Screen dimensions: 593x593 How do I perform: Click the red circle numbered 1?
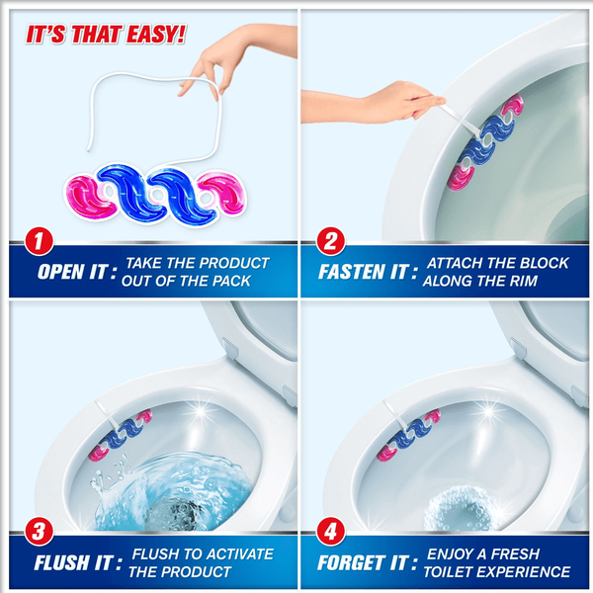[39, 241]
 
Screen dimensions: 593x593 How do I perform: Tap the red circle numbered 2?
[330, 241]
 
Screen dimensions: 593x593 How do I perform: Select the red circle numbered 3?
[39, 531]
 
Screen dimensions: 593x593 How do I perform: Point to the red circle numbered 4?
[330, 531]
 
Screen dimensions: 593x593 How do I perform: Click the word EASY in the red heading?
[156, 35]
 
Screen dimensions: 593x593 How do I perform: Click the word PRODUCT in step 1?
[234, 263]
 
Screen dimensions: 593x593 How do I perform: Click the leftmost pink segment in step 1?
[88, 198]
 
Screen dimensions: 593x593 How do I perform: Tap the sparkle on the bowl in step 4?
[488, 411]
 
